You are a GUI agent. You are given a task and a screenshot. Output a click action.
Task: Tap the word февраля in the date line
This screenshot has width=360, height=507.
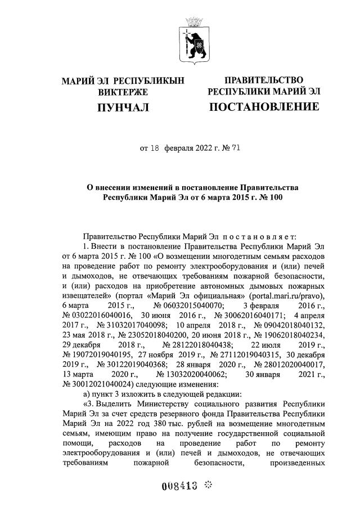[179, 149]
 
